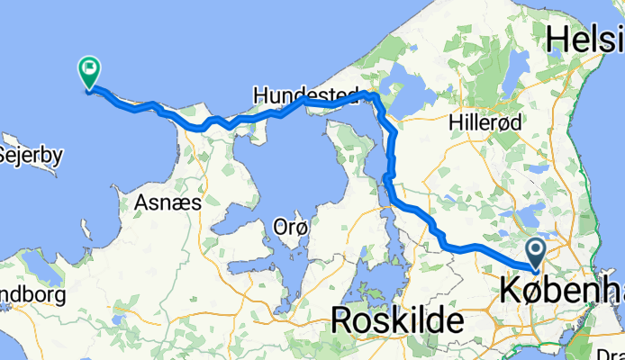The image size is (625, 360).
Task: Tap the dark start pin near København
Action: (x=537, y=256)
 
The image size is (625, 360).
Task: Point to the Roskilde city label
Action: (x=397, y=319)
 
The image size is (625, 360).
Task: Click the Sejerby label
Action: (x=31, y=155)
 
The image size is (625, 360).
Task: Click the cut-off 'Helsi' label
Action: (x=584, y=40)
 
